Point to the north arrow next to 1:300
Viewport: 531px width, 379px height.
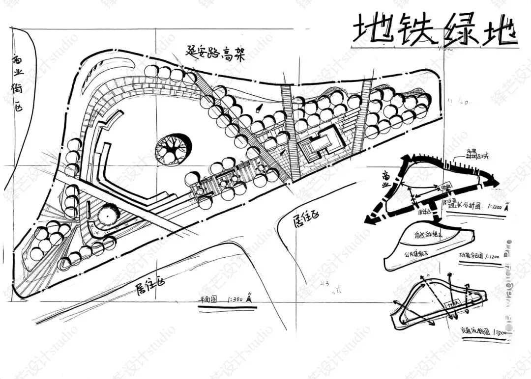[250, 297]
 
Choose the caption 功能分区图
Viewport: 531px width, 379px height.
[471, 256]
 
